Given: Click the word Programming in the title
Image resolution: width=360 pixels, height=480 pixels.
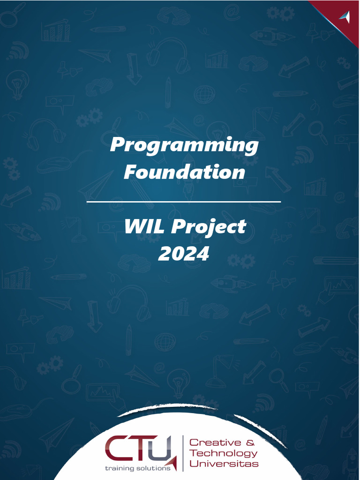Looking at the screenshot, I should click(x=184, y=145).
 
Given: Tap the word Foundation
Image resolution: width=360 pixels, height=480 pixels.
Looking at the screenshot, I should click(x=184, y=172).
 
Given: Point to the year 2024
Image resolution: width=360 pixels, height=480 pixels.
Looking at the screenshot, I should click(x=183, y=254).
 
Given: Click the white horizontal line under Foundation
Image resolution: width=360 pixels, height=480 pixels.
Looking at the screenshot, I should click(x=184, y=202).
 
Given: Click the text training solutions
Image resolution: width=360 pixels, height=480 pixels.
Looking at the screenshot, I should click(x=137, y=468).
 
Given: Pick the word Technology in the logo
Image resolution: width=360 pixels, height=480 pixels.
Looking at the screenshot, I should click(x=224, y=453).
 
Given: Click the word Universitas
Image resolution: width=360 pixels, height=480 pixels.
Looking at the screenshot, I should click(x=224, y=464).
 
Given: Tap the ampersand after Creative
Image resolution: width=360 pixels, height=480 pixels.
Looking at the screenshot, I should click(x=250, y=442).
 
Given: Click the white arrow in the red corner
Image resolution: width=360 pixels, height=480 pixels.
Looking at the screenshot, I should click(x=346, y=17).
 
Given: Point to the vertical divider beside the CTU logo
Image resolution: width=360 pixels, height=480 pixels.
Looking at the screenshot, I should click(x=182, y=453).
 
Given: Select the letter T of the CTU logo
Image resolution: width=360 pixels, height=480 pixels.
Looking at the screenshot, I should click(x=137, y=449).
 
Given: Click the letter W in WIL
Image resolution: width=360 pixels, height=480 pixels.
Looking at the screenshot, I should click(x=135, y=227).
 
